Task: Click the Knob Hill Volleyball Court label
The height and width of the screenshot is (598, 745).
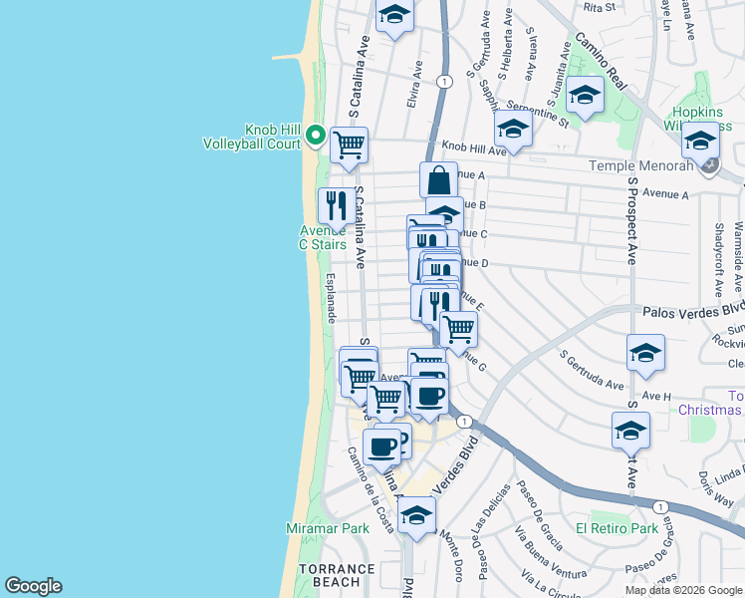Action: (x=252, y=137)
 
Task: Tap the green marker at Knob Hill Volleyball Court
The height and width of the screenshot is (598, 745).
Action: (x=316, y=134)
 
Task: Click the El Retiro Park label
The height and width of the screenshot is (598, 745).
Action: (x=618, y=527)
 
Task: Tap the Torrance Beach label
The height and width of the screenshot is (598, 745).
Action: (x=338, y=575)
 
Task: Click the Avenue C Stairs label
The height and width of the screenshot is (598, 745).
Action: (x=323, y=237)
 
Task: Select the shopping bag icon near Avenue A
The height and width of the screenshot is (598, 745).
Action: (x=438, y=180)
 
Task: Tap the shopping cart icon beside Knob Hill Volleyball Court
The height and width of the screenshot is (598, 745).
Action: (x=349, y=145)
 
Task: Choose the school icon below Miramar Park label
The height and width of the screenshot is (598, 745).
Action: (x=417, y=515)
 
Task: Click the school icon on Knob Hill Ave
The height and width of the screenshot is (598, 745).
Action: (x=513, y=129)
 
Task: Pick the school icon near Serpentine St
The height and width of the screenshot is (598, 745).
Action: (x=585, y=96)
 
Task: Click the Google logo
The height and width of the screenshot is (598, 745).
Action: (x=33, y=586)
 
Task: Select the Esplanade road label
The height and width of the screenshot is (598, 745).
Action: (x=330, y=298)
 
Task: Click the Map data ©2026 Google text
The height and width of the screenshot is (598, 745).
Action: (x=682, y=590)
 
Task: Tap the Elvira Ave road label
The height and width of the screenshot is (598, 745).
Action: (x=413, y=87)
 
